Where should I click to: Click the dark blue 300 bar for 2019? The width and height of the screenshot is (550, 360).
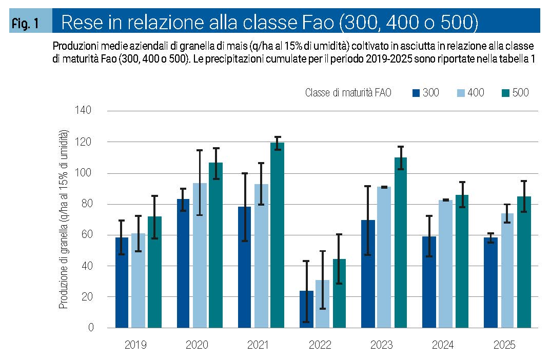[x=122, y=283]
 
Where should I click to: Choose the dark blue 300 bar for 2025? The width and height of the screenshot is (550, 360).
[x=490, y=283]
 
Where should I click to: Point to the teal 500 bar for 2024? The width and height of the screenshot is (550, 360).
[x=462, y=261]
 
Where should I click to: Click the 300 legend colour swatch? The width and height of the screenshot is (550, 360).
[x=416, y=93]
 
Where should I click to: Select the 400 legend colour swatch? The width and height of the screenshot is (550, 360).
[x=461, y=93]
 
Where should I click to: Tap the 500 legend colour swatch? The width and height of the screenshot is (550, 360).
[x=505, y=93]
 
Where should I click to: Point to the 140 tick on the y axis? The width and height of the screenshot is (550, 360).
[x=84, y=111]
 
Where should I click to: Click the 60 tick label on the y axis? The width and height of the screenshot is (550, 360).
[x=86, y=235]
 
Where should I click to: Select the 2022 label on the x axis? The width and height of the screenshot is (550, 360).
[x=320, y=345]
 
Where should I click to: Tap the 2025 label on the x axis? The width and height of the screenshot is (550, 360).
[x=504, y=345]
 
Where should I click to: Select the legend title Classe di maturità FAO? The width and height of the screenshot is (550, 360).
[x=348, y=93]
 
